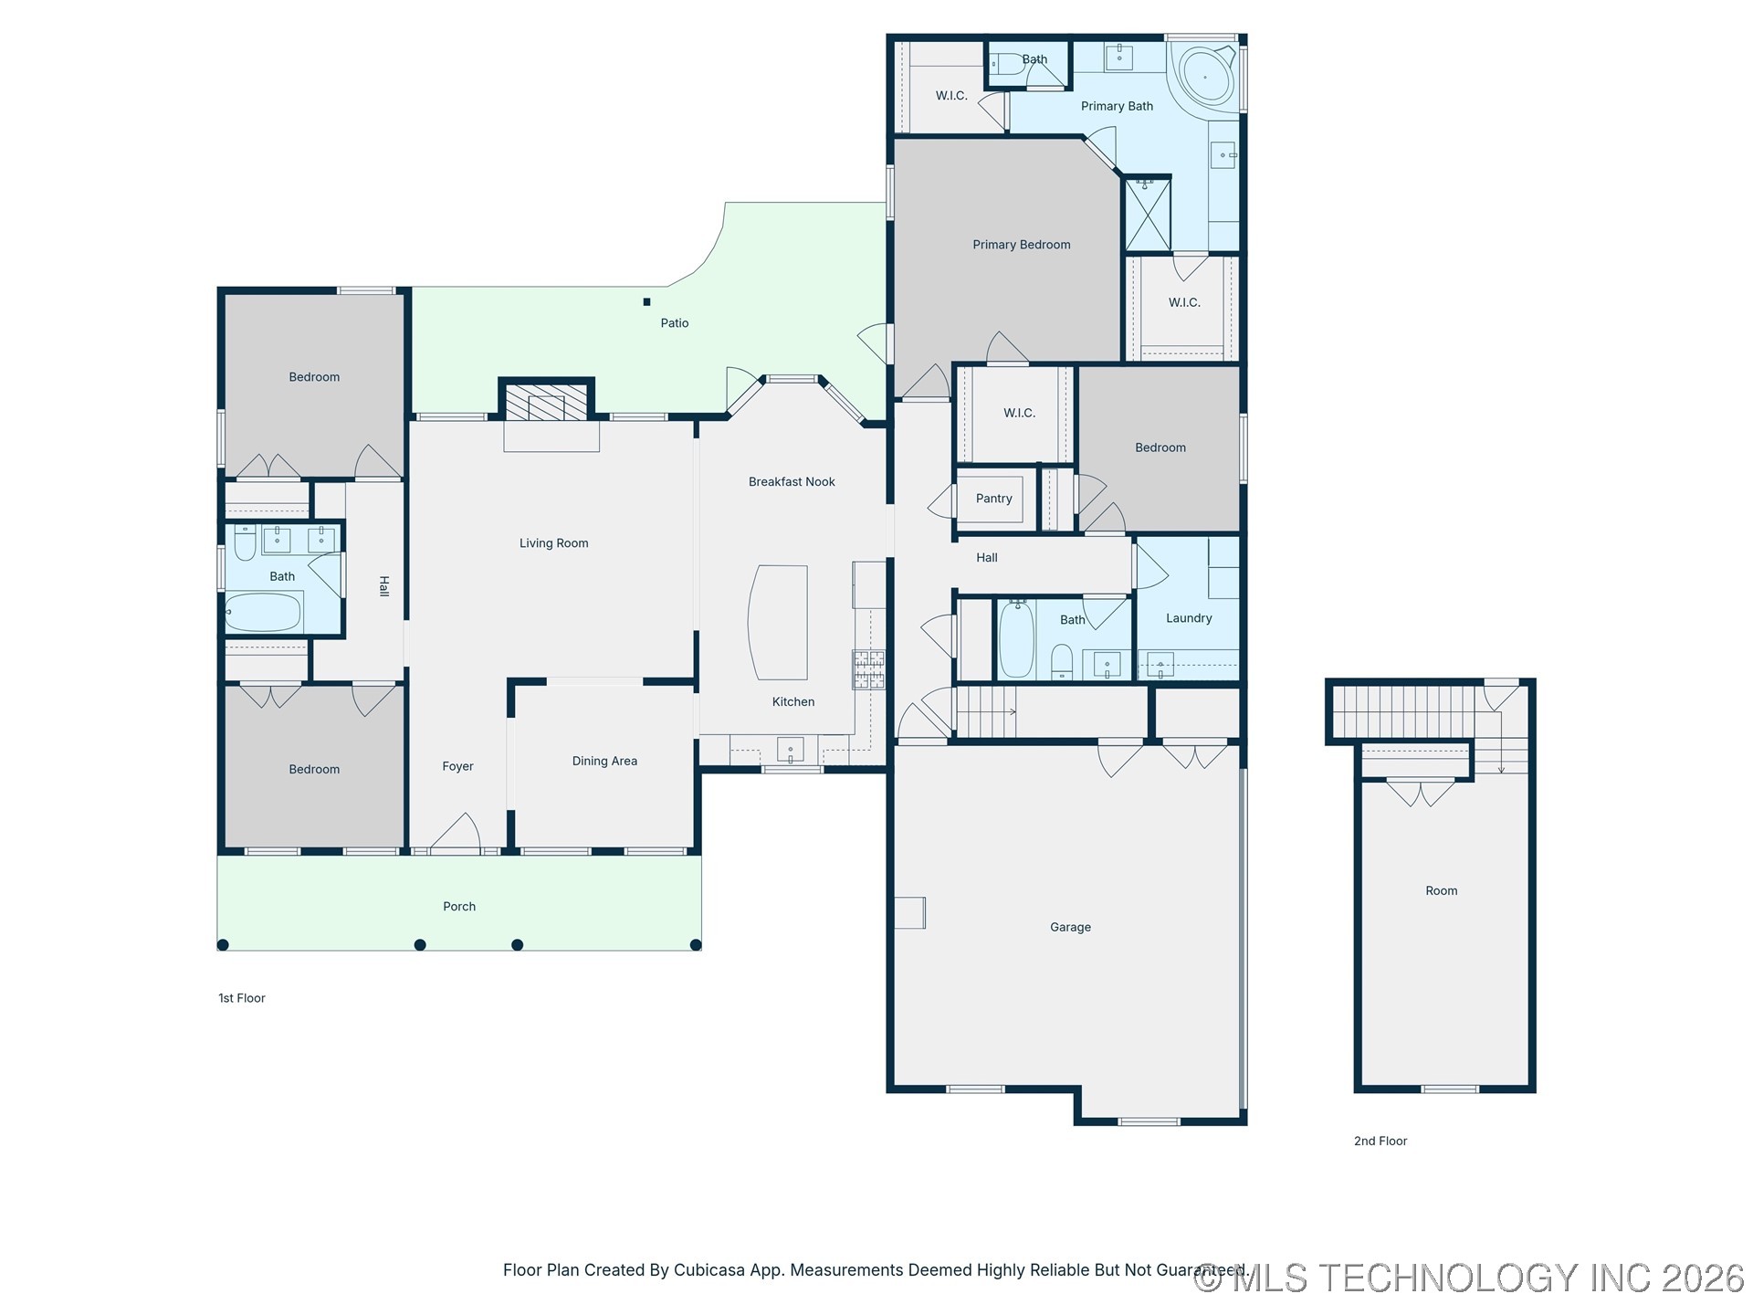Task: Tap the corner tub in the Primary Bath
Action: (x=1204, y=78)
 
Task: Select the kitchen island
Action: (x=779, y=622)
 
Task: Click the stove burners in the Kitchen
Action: (x=868, y=668)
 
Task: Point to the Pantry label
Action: (x=993, y=499)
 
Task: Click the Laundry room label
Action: (x=1189, y=618)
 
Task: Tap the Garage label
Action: (x=1070, y=927)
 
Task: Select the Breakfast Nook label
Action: (x=792, y=482)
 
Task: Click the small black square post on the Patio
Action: (x=646, y=302)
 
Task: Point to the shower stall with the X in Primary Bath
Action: (x=1147, y=215)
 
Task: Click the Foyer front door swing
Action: (x=457, y=833)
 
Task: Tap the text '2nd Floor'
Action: (x=1380, y=1141)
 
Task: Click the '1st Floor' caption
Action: (x=242, y=998)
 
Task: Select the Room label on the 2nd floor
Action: (x=1441, y=890)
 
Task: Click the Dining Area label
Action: (x=604, y=761)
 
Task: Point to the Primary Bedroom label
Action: (x=1021, y=245)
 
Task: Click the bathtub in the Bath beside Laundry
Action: (x=1016, y=639)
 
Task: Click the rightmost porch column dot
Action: (x=696, y=945)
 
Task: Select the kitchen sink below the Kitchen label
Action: (x=790, y=750)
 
